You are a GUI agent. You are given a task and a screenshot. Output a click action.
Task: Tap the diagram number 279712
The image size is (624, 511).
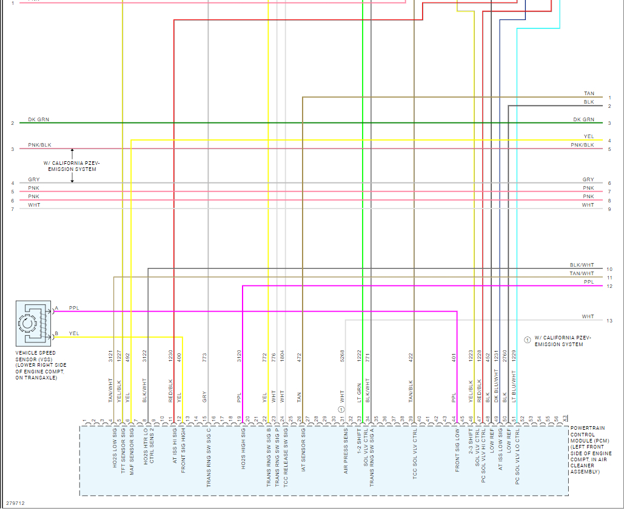click(15, 503)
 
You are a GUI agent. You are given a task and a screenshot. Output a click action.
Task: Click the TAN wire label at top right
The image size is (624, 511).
click(589, 93)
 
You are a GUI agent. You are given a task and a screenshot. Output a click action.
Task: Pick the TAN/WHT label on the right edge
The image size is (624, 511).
click(582, 273)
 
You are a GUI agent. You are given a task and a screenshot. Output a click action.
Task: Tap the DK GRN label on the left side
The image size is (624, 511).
click(39, 119)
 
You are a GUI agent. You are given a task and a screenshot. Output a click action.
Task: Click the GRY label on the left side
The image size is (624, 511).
click(33, 179)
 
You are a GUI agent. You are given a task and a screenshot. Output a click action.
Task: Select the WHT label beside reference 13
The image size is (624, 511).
click(588, 316)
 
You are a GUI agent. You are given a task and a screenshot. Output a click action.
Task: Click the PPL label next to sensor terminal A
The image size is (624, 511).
click(74, 308)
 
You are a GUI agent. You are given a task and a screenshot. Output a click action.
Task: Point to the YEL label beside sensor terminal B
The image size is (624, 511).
click(74, 333)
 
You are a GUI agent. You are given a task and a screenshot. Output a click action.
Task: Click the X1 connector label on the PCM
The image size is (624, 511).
click(565, 418)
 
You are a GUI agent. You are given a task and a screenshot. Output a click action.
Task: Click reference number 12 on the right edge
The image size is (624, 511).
click(609, 286)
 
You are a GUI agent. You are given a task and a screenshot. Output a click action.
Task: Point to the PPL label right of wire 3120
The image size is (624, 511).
click(239, 398)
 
